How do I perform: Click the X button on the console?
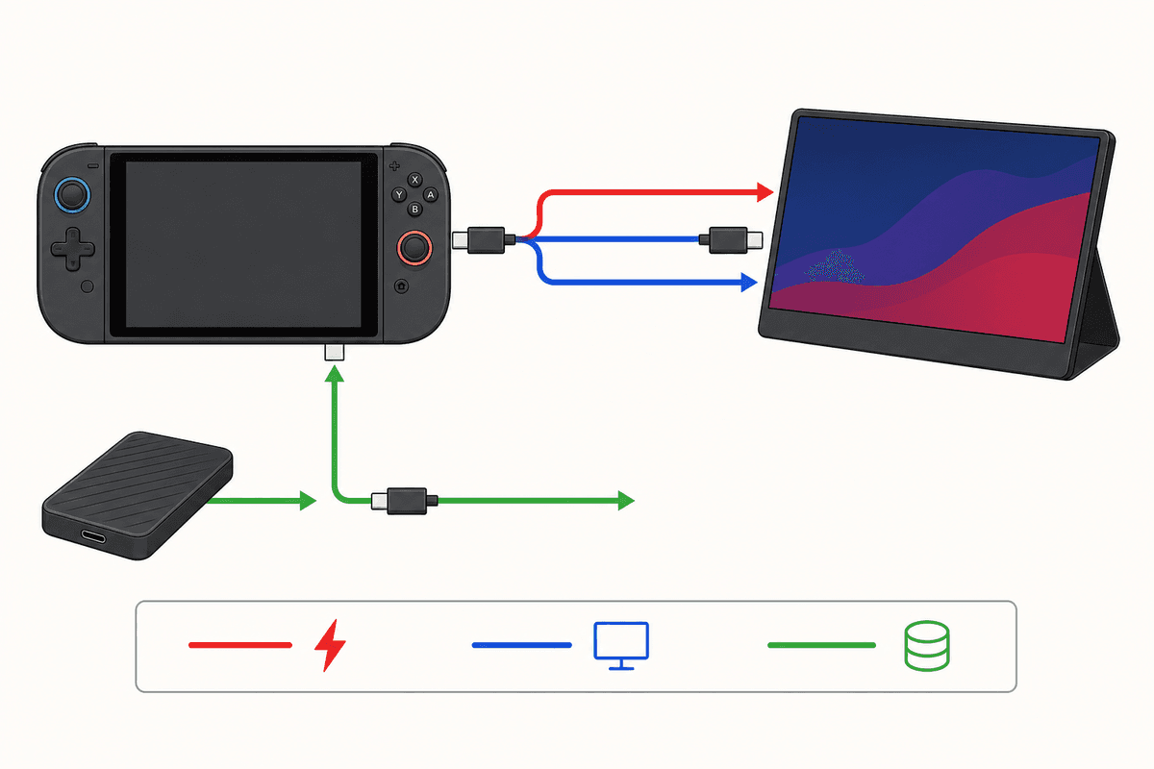pyautogui.click(x=414, y=180)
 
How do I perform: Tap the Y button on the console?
pyautogui.click(x=399, y=195)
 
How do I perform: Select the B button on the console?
pyautogui.click(x=414, y=210)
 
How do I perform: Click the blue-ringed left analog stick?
pyautogui.click(x=72, y=195)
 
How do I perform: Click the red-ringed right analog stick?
pyautogui.click(x=414, y=248)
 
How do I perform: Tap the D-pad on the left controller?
pyautogui.click(x=73, y=249)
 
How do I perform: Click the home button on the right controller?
pyautogui.click(x=401, y=286)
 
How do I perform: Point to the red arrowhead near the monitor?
pyautogui.click(x=765, y=192)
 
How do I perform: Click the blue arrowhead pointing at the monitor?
pyautogui.click(x=749, y=283)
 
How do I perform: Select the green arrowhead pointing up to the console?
pyautogui.click(x=335, y=373)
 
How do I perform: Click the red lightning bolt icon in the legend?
pyautogui.click(x=330, y=645)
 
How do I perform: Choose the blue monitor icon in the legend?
pyautogui.click(x=621, y=646)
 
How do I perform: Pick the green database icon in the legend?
pyautogui.click(x=927, y=646)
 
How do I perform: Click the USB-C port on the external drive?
pyautogui.click(x=93, y=537)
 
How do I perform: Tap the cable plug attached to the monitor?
pyautogui.click(x=731, y=240)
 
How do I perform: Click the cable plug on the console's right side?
pyautogui.click(x=484, y=240)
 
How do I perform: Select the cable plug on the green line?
pyautogui.click(x=405, y=501)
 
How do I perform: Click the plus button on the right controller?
pyautogui.click(x=394, y=166)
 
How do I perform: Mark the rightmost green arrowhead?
pyautogui.click(x=626, y=501)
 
